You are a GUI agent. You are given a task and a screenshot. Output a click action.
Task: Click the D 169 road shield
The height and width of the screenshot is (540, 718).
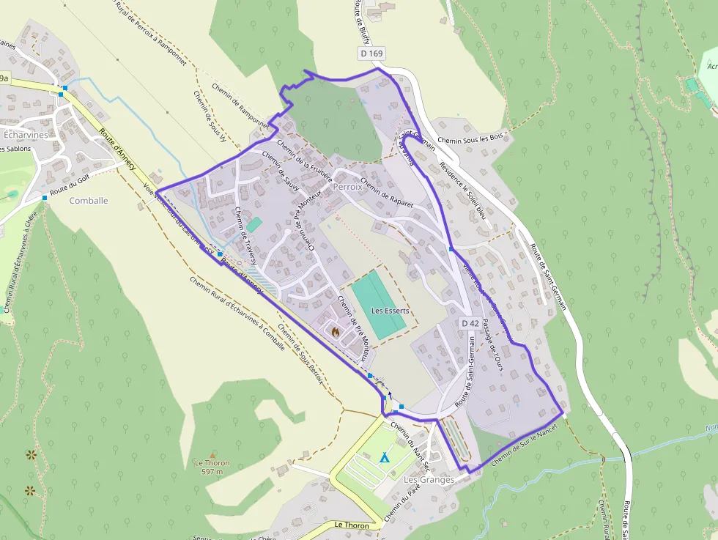pos(371,53)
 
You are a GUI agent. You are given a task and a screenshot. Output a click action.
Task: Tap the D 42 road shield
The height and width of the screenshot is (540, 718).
pos(470,323)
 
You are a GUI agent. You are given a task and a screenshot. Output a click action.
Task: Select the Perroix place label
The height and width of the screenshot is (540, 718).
pos(347,187)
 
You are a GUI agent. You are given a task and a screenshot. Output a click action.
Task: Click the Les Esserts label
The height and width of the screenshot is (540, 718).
pos(390,311)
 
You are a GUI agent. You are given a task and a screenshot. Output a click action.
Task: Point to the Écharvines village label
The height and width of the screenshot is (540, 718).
pos(26,136)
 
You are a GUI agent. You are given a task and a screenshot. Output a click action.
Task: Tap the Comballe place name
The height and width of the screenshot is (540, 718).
pos(89,200)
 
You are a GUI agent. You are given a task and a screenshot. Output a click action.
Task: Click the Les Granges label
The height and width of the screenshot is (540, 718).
pos(429,479)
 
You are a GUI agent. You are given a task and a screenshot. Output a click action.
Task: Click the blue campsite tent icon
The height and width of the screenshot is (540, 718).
pos(384,457)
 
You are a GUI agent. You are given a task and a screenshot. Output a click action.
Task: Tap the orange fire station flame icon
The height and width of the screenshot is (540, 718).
pos(335,332)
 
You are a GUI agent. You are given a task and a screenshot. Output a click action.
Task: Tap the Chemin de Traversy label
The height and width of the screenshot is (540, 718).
pos(245,236)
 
